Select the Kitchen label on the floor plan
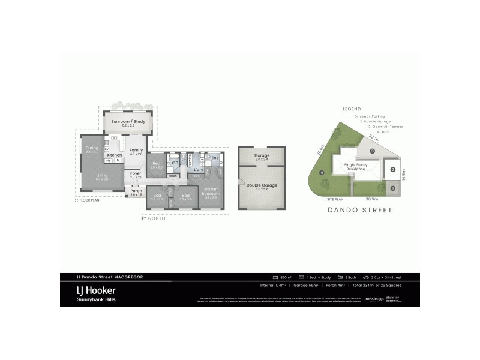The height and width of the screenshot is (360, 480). pyautogui.click(x=115, y=155)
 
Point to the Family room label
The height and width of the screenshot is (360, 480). pyautogui.click(x=136, y=150)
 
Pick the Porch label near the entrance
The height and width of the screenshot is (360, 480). pyautogui.click(x=136, y=191)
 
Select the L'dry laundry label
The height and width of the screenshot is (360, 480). pyautogui.click(x=198, y=170)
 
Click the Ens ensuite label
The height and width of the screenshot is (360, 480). pyautogui.click(x=214, y=158)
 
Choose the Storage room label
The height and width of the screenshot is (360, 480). pyautogui.click(x=262, y=156)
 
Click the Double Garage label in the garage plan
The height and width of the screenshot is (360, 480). pyautogui.click(x=262, y=185)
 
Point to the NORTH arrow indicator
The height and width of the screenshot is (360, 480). pyautogui.click(x=153, y=218)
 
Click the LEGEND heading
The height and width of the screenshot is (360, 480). pyautogui.click(x=352, y=109)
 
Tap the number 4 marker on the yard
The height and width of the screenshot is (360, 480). pyautogui.click(x=322, y=173)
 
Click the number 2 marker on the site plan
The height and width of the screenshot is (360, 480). pyautogui.click(x=392, y=170)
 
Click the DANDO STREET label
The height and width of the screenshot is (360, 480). pyautogui.click(x=360, y=210)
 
